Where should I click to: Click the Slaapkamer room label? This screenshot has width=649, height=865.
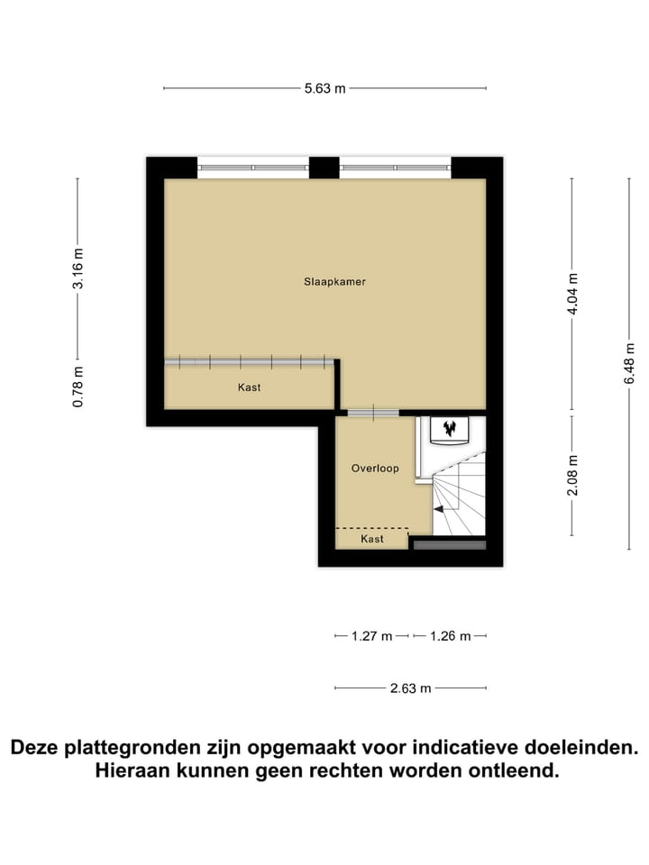(x=334, y=281)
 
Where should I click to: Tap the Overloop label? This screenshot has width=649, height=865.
(x=375, y=469)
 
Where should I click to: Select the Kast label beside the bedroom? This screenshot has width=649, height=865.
(x=250, y=387)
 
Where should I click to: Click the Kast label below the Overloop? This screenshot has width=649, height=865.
(x=372, y=539)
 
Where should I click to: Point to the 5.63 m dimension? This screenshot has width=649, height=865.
(x=325, y=88)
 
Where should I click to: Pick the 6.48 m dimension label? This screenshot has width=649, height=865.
(x=629, y=364)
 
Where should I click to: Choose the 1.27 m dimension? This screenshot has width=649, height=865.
(x=371, y=636)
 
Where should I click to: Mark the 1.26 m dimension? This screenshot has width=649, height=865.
(x=451, y=636)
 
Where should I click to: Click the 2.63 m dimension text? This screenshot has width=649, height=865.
(x=411, y=688)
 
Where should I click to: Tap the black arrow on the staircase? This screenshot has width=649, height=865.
(x=439, y=509)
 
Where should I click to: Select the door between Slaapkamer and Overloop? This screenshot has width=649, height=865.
(x=372, y=414)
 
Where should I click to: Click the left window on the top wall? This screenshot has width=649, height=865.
(x=253, y=167)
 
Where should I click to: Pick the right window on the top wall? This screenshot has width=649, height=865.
(x=395, y=167)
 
